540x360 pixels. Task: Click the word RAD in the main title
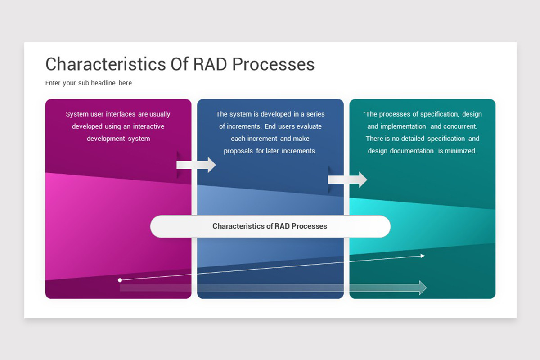[211, 64]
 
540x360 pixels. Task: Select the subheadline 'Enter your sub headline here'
[89, 83]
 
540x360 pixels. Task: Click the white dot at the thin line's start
[120, 280]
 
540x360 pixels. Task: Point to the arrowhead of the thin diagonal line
[422, 256]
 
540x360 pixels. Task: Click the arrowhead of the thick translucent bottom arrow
[423, 288]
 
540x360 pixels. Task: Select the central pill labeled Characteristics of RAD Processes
[270, 226]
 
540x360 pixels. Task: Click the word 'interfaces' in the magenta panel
[121, 114]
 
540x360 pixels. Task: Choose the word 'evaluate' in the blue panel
[309, 126]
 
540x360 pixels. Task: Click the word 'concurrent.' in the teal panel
[460, 126]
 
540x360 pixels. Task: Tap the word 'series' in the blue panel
[315, 114]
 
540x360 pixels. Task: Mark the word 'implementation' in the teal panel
[404, 126]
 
